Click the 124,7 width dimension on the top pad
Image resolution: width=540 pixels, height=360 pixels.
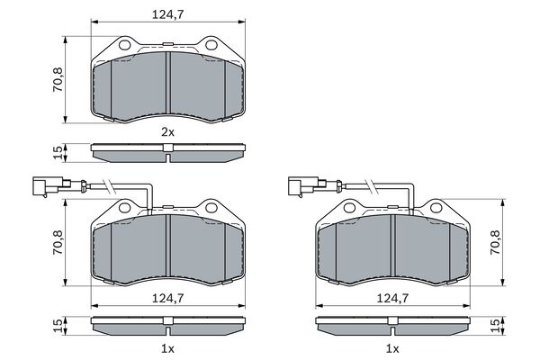tap(168, 14)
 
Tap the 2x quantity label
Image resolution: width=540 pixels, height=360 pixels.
tap(168, 131)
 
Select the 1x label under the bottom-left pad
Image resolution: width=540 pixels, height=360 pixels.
tap(168, 349)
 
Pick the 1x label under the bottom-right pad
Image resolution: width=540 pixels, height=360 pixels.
tap(392, 349)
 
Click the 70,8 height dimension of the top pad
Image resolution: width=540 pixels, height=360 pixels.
tap(58, 79)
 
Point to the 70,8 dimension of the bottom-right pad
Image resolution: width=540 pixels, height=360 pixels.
tap(495, 242)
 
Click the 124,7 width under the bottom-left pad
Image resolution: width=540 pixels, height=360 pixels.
tap(168, 298)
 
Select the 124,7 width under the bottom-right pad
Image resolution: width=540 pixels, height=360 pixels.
tap(392, 298)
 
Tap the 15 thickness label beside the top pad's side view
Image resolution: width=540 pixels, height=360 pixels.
tap(58, 153)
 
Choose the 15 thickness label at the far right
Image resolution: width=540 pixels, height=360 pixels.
tap(494, 326)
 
